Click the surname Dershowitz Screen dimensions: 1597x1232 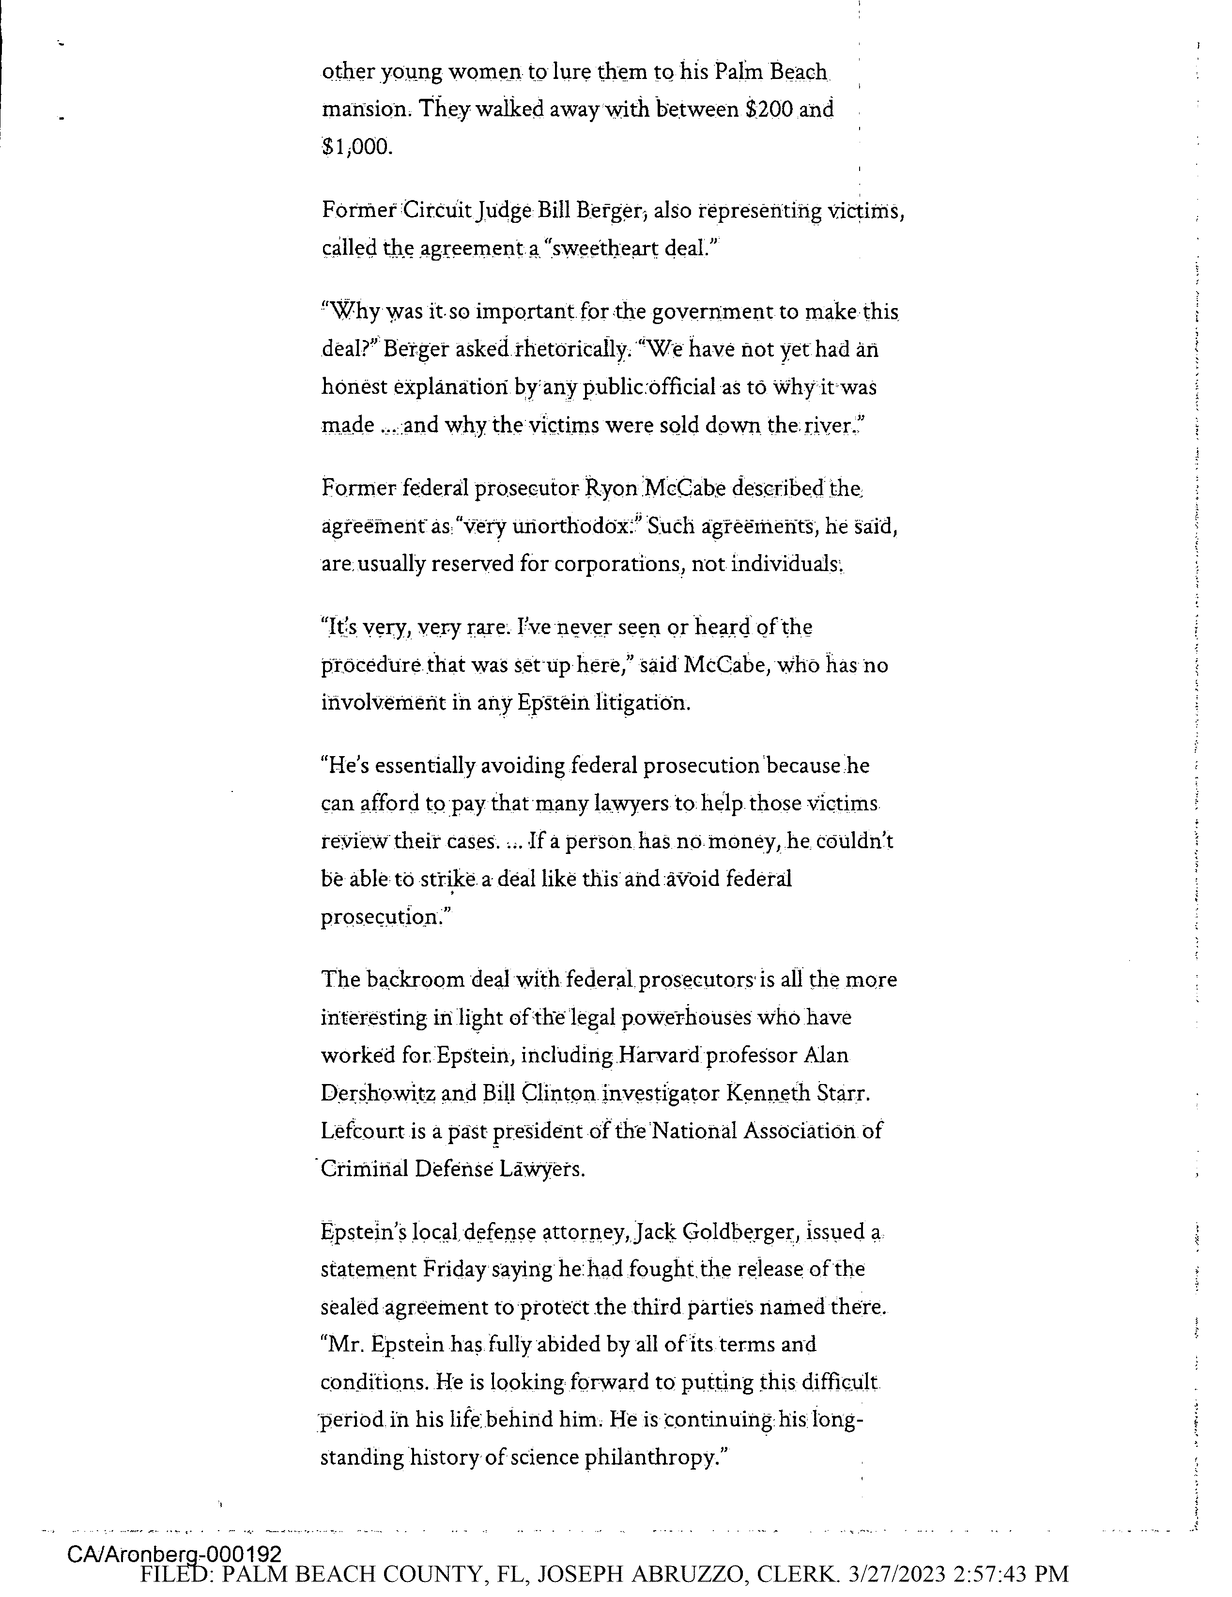pos(378,1093)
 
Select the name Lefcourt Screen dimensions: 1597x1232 pos(363,1131)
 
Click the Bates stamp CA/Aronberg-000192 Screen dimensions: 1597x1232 pos(174,1554)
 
